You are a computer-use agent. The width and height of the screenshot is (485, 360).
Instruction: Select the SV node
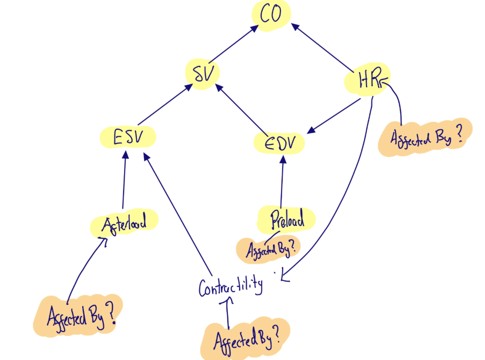(203, 73)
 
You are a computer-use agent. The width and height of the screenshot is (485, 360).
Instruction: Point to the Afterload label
(124, 222)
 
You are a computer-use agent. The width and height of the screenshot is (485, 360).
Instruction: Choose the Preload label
(286, 219)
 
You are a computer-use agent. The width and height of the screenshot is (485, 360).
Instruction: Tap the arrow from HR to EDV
(334, 115)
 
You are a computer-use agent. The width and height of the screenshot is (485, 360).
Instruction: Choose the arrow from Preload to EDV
(282, 181)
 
